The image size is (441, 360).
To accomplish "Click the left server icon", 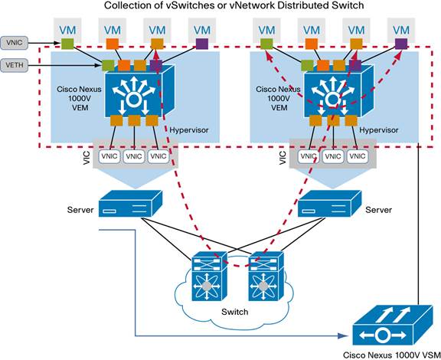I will coord(131,202).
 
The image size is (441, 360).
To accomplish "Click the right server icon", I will coord(329,202).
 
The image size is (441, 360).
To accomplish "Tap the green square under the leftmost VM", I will coord(67,46).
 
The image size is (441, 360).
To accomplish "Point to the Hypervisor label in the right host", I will coord(379,130).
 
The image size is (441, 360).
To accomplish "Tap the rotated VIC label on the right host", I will coord(282,156).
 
